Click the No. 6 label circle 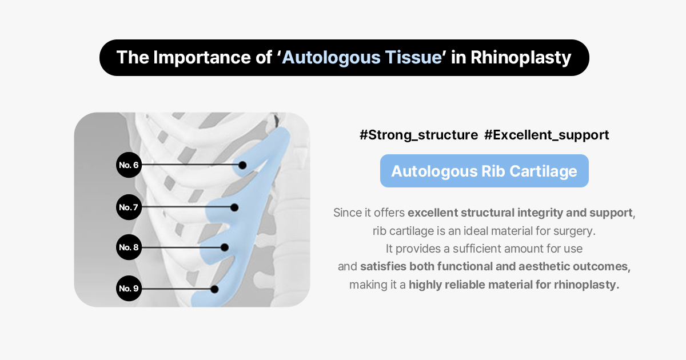pos(129,165)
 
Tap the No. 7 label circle pos(129,207)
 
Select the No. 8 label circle pos(129,247)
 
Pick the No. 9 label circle pos(129,289)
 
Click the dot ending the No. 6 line pos(242,165)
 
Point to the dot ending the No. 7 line pos(234,207)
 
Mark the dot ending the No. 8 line pos(225,247)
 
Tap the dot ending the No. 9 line pos(214,289)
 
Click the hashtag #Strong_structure pos(418,135)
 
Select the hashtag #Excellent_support pos(547,135)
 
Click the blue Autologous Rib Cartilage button pos(484,171)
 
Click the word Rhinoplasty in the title pos(521,58)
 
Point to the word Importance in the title pos(201,58)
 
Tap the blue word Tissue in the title pos(413,57)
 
